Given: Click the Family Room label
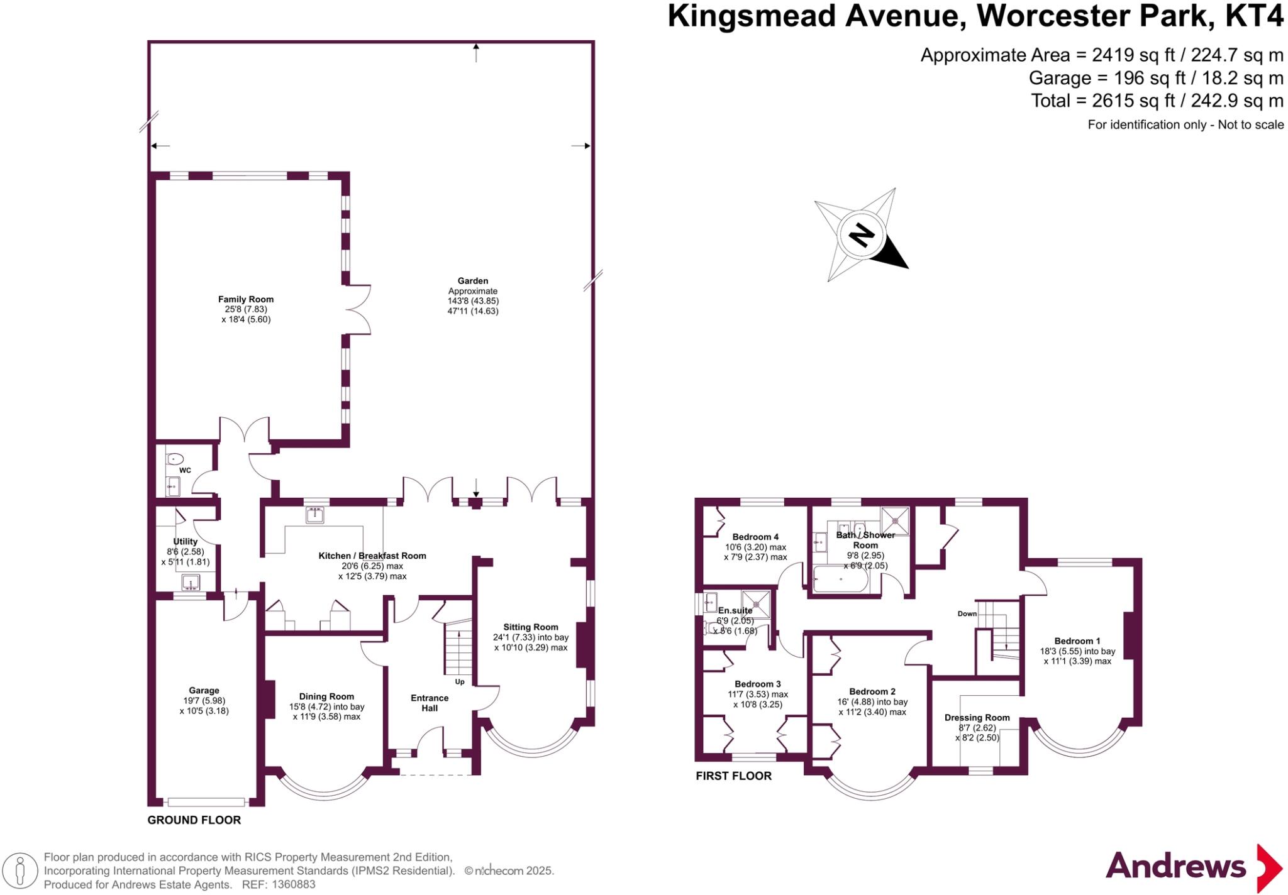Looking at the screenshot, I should click(x=245, y=300).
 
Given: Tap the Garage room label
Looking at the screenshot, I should click(x=204, y=691).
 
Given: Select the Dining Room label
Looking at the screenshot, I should click(x=326, y=696).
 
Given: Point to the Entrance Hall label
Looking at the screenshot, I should click(x=430, y=703).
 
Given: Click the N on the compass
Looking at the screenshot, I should click(x=861, y=235).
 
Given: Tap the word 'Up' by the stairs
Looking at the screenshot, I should click(x=460, y=682).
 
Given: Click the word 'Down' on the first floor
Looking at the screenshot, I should click(x=967, y=613).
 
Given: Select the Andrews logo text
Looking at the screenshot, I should click(x=1175, y=866).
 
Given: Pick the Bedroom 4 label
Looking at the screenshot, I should click(x=755, y=537).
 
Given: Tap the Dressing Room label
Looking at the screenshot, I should click(x=977, y=718).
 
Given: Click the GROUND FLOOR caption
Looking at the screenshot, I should click(x=194, y=820).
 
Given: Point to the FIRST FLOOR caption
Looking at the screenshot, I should click(x=733, y=776).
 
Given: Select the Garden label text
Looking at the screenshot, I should click(x=473, y=281).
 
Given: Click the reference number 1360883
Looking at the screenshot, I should click(x=294, y=885).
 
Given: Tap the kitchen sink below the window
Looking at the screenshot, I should click(x=315, y=515).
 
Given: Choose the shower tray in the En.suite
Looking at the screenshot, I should click(x=755, y=604).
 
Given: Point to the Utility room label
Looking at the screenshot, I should click(x=186, y=542).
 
